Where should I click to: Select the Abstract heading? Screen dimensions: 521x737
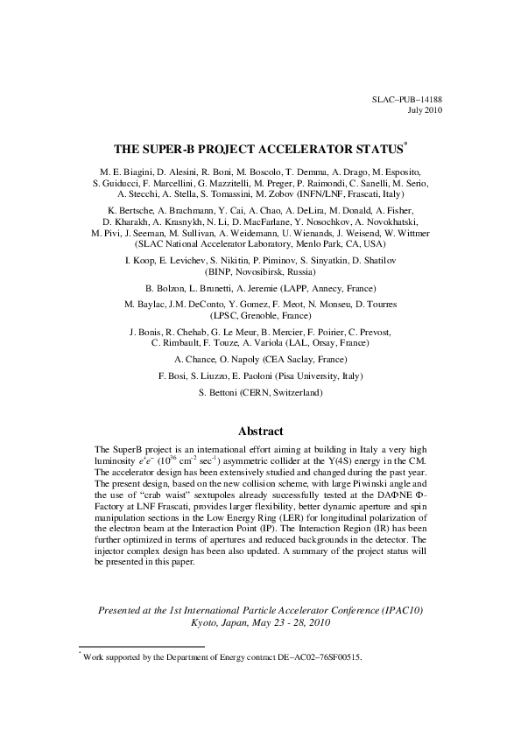point(260,431)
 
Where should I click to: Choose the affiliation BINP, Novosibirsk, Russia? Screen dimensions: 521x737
point(260,271)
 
